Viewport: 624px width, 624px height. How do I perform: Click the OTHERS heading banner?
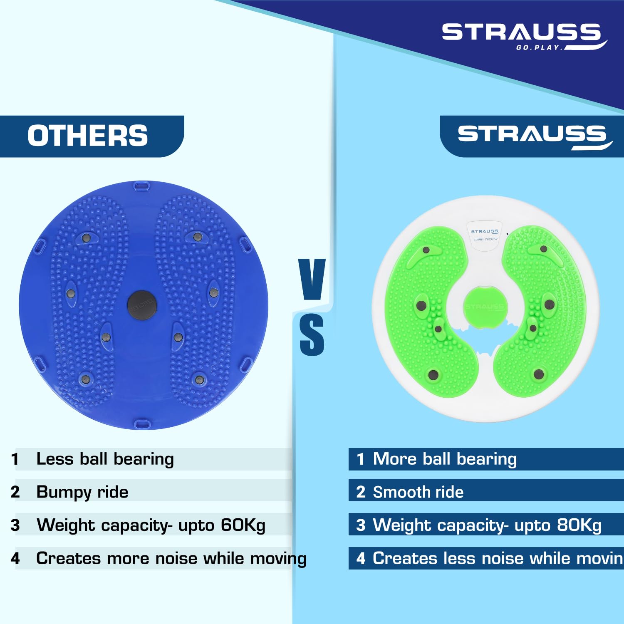[x=88, y=136]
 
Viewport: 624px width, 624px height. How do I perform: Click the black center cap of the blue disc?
[x=142, y=305]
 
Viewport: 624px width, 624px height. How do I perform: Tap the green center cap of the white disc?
[x=485, y=307]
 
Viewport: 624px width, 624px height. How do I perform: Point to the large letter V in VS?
[x=312, y=279]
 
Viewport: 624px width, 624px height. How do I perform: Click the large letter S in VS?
[x=312, y=335]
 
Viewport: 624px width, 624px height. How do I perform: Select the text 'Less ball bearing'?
[x=105, y=459]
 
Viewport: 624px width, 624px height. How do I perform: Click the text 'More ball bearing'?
[x=445, y=459]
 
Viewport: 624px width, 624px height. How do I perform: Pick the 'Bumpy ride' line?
[x=82, y=492]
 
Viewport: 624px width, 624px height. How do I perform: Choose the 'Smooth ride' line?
[x=418, y=492]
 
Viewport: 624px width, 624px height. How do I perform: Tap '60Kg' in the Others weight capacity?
[x=243, y=525]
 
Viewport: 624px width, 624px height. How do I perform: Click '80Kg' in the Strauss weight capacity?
[x=579, y=525]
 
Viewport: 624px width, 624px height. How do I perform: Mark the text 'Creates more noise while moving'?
[x=171, y=558]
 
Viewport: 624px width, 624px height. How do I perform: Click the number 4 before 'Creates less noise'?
[x=361, y=558]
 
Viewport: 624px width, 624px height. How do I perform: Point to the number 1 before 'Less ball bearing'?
[x=15, y=459]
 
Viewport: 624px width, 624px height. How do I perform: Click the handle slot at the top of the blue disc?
[x=142, y=186]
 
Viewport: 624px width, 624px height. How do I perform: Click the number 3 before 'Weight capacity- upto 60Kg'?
[x=15, y=525]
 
